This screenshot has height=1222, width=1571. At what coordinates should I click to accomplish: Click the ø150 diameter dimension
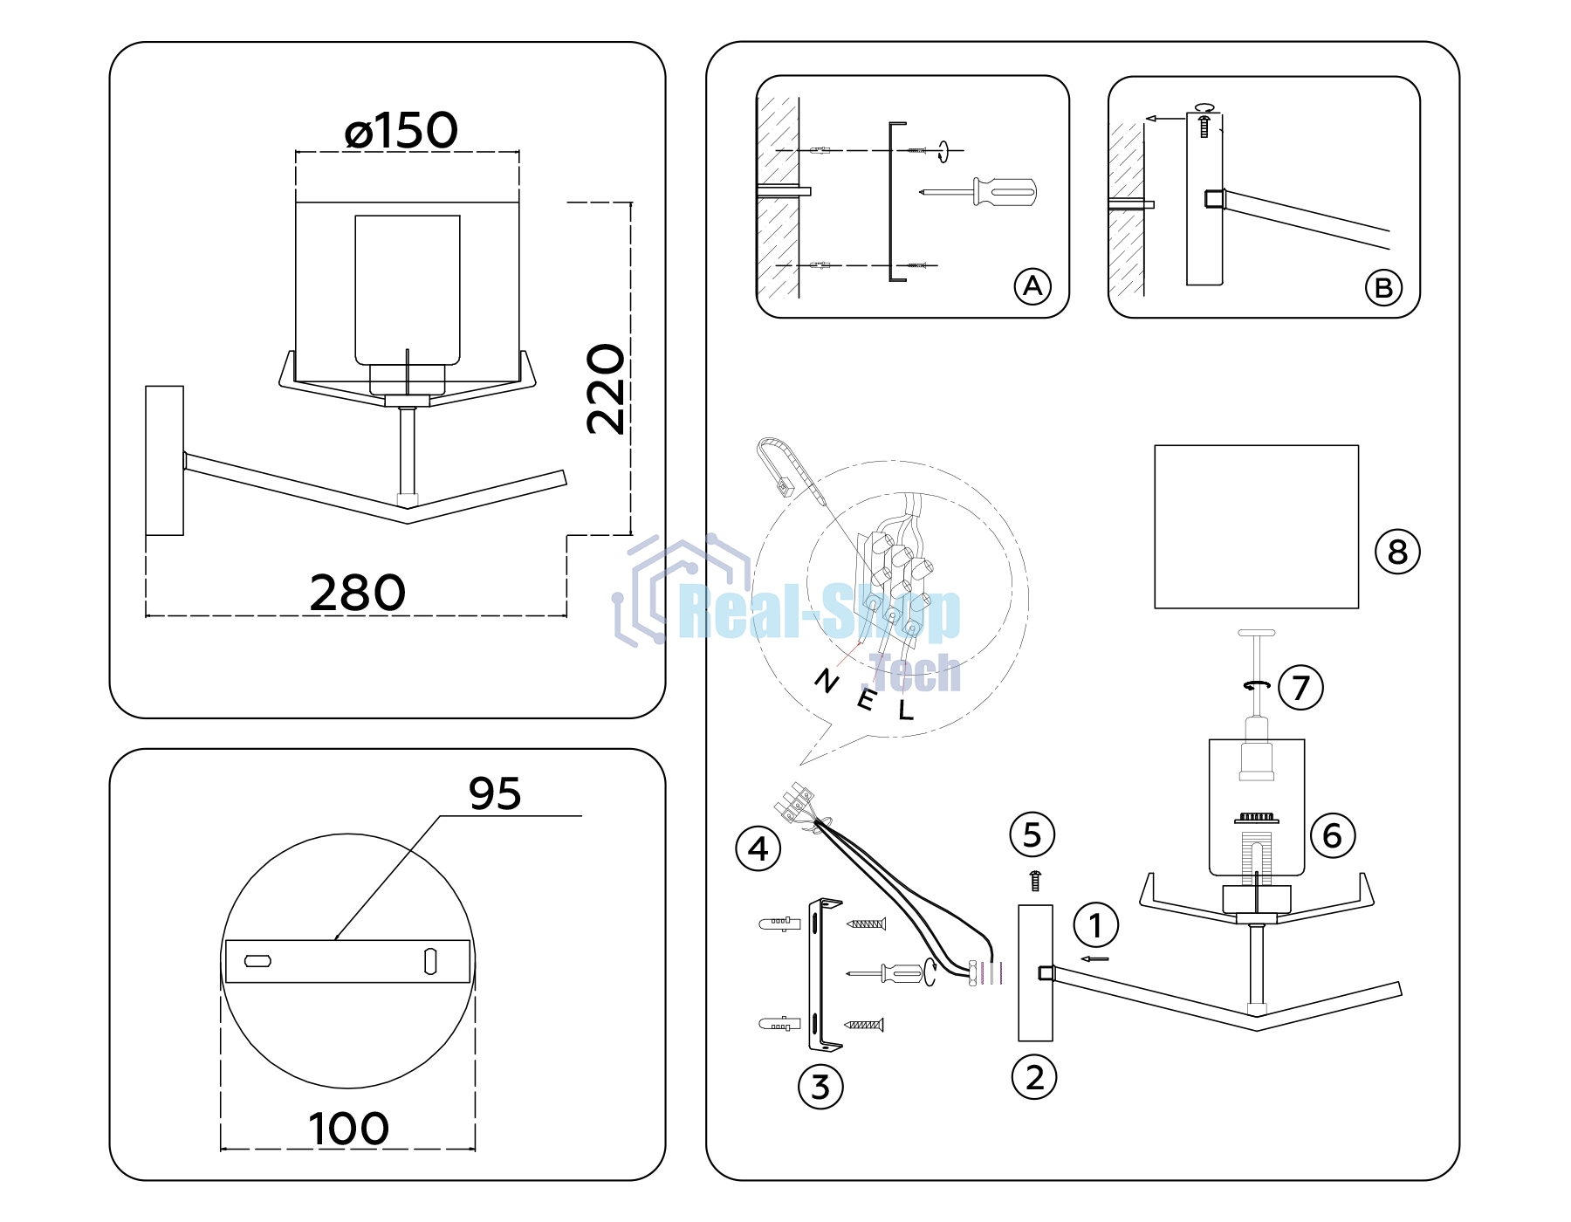[x=401, y=131]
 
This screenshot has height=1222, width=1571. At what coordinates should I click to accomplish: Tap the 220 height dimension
[x=606, y=389]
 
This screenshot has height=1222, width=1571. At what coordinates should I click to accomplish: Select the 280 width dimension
[x=358, y=594]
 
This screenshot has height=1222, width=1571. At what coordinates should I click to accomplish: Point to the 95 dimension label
[x=495, y=793]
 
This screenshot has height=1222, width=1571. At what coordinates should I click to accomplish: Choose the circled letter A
[x=1032, y=286]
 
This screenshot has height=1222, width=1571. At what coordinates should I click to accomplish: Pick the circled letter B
[x=1383, y=288]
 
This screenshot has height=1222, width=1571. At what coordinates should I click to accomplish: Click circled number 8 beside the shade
[x=1397, y=552]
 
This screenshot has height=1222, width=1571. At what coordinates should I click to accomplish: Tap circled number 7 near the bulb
[x=1300, y=687]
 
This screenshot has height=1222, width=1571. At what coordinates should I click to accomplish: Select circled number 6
[x=1333, y=835]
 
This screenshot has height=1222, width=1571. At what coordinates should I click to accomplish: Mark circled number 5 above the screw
[x=1032, y=835]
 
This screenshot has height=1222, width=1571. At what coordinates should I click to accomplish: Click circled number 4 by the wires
[x=758, y=848]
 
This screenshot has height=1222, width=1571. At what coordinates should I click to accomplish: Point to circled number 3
[x=820, y=1087]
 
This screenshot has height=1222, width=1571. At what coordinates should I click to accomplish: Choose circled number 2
[x=1034, y=1077]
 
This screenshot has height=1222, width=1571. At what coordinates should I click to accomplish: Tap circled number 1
[x=1096, y=925]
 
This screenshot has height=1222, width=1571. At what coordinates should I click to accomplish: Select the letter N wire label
[x=827, y=680]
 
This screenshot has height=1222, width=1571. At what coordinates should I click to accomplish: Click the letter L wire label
[x=906, y=711]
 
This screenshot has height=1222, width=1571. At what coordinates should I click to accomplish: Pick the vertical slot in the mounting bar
[x=429, y=961]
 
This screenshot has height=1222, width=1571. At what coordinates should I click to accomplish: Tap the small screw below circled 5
[x=1035, y=881]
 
